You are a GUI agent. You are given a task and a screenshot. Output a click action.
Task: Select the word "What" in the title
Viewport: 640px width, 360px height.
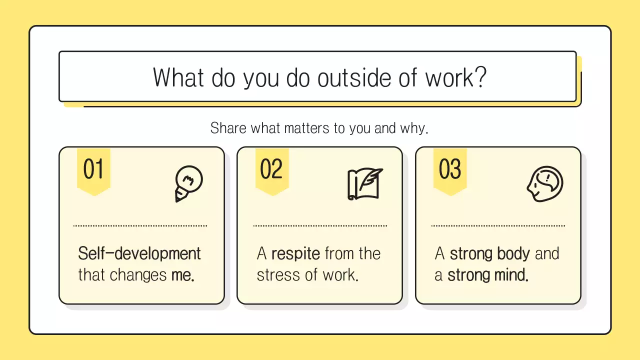tap(178, 77)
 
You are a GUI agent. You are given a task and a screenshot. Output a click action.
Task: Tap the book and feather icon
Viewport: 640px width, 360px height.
tap(365, 184)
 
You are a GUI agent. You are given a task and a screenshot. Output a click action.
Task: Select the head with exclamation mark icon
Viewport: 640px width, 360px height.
tap(545, 183)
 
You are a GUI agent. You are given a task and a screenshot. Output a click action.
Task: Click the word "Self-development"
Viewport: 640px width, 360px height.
tap(139, 253)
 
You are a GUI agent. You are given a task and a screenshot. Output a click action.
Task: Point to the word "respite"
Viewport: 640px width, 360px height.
tap(295, 253)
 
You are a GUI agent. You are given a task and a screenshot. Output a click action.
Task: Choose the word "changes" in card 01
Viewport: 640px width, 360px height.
tap(138, 275)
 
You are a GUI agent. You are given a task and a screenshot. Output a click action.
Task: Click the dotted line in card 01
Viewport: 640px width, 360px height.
tap(140, 226)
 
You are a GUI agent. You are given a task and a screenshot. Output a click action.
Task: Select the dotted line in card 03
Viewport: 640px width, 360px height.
tap(498, 226)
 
